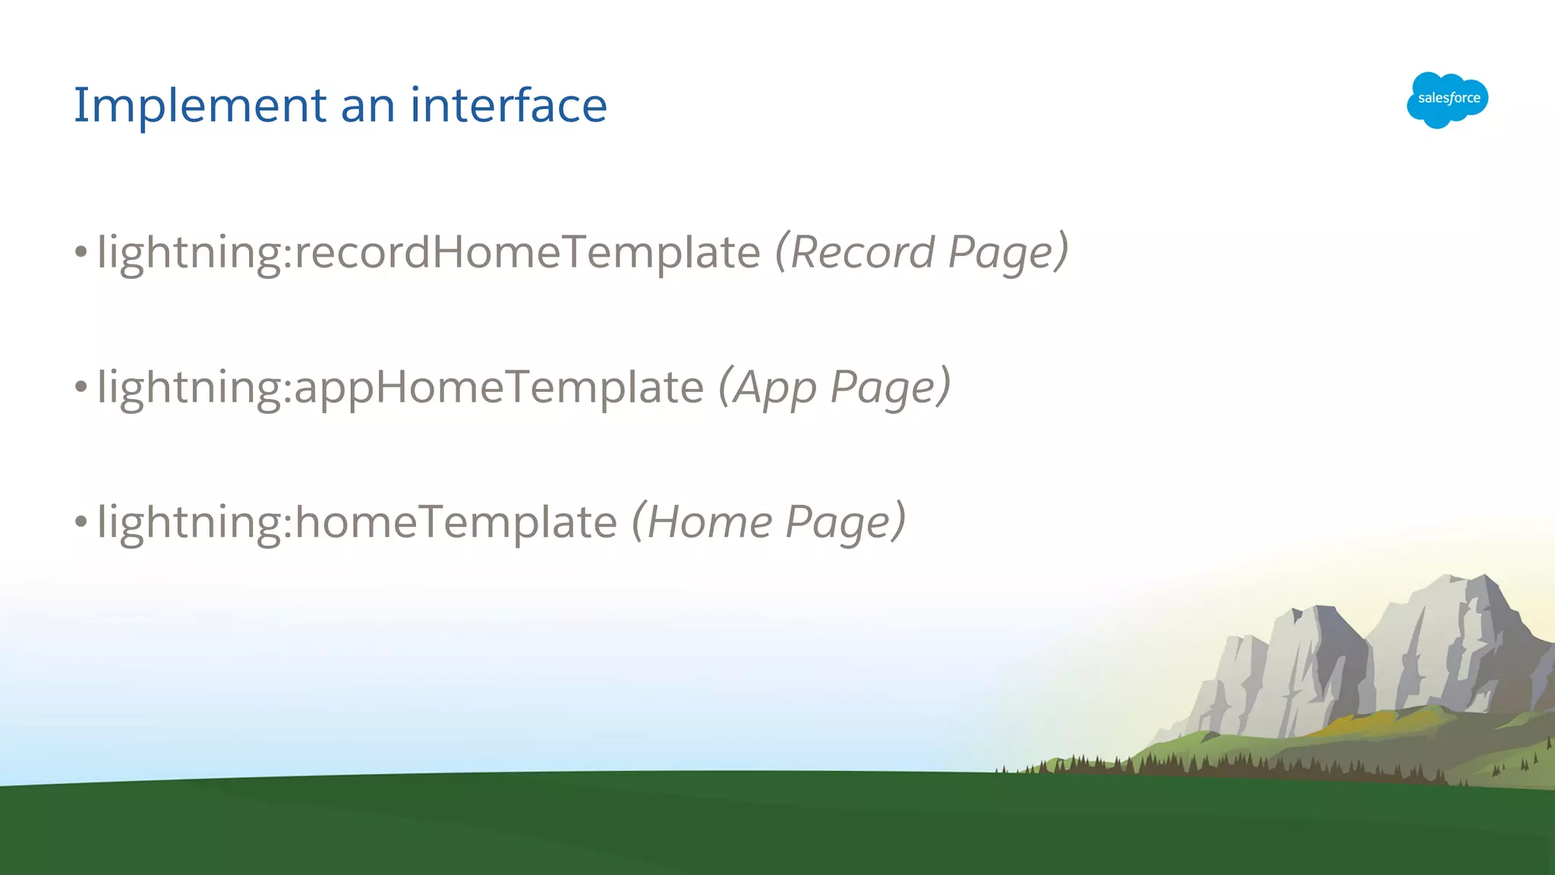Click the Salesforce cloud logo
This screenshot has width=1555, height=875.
(x=1447, y=100)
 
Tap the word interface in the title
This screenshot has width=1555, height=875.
(x=508, y=105)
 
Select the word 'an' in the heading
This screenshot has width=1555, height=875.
(x=367, y=106)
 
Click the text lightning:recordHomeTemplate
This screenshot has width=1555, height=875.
(x=428, y=252)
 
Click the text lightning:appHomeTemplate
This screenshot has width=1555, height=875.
(x=400, y=387)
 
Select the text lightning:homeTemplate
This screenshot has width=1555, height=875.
(x=357, y=523)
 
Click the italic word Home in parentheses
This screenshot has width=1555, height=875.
(x=709, y=523)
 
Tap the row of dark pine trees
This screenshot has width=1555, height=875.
(x=1215, y=763)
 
